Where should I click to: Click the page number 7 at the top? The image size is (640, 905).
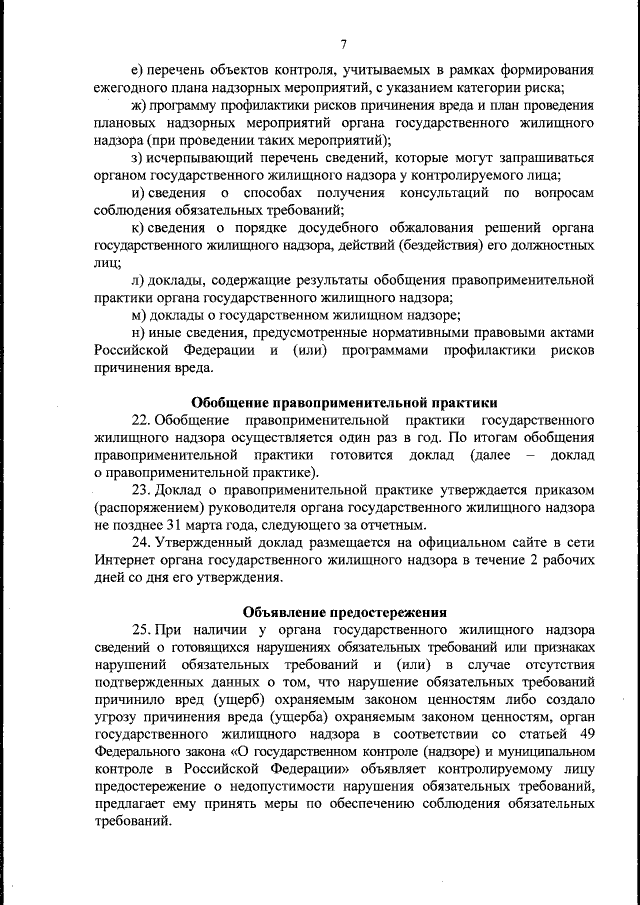coord(343,43)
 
